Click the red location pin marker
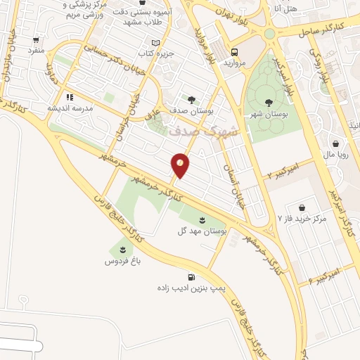pos(180,165)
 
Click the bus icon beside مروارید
pos(234,52)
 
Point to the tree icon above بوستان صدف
pos(191,100)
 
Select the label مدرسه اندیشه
pos(67,108)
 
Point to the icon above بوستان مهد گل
pos(202,220)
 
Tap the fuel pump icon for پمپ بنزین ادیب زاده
pos(191,276)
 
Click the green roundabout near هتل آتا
pos(269,33)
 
